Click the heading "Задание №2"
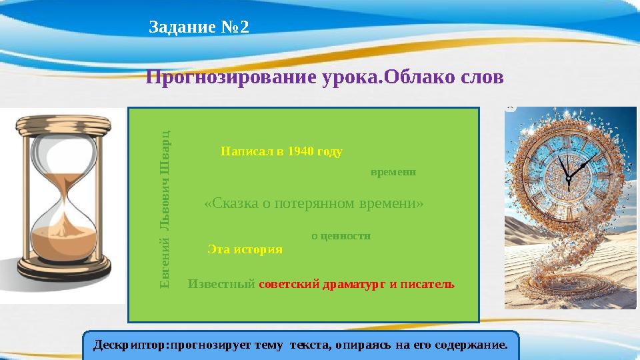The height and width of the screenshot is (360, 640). (199, 28)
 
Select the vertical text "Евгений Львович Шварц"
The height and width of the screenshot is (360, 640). (167, 209)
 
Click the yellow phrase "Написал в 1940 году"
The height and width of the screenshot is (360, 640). (281, 151)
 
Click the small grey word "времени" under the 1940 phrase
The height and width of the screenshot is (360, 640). (393, 171)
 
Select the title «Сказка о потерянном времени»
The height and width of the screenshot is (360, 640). (313, 203)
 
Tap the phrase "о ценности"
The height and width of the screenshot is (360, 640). (341, 235)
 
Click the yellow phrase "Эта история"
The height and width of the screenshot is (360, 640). (245, 249)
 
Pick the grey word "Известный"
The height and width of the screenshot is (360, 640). (222, 283)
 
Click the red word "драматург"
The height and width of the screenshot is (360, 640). (354, 283)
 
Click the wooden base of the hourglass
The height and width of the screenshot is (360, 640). (64, 273)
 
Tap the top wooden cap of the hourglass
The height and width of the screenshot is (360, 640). (64, 123)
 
